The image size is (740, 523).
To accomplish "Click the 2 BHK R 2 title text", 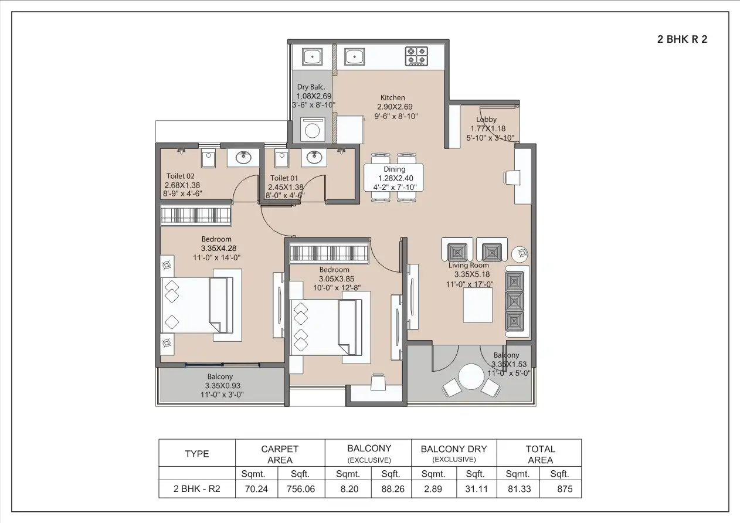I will [682, 40].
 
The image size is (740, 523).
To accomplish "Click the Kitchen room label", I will [392, 98].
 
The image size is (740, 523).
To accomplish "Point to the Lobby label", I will [486, 120].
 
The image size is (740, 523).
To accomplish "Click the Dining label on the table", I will [395, 169].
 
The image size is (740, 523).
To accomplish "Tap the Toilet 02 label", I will [180, 176].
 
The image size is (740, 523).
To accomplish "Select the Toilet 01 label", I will [284, 178].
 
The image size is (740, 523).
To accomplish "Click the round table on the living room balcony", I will [471, 377].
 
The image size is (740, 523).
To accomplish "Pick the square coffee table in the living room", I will [477, 305].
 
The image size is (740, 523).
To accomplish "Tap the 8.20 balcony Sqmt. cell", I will [348, 488].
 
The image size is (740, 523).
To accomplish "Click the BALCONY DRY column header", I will [454, 449].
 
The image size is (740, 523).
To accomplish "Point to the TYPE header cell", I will [196, 454].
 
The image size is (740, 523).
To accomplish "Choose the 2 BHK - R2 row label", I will [196, 488].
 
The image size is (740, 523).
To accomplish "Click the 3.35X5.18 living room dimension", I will [471, 274].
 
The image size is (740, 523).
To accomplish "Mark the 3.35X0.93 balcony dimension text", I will [222, 385].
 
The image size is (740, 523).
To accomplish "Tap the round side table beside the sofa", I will [520, 254].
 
